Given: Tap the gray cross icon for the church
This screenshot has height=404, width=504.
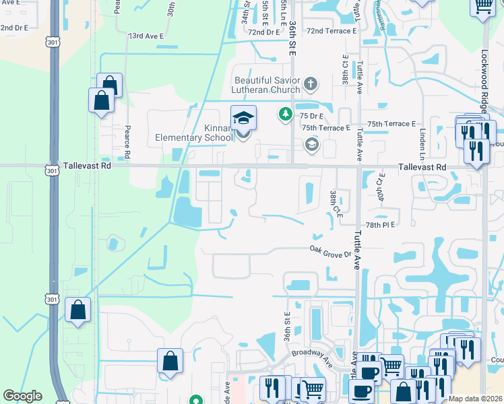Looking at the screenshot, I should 310,84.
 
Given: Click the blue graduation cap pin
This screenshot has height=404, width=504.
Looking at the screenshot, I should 243,119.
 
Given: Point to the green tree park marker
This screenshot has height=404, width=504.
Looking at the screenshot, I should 286,114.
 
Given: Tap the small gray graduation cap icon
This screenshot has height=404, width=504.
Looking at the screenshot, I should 311,143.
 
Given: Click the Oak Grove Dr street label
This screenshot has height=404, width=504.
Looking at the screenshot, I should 330,250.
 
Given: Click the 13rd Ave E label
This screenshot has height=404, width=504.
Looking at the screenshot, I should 146,35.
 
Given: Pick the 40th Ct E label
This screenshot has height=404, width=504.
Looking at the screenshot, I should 381,186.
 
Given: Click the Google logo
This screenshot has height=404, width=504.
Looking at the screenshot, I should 22,396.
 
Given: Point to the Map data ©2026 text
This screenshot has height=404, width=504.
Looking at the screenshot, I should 474,399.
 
